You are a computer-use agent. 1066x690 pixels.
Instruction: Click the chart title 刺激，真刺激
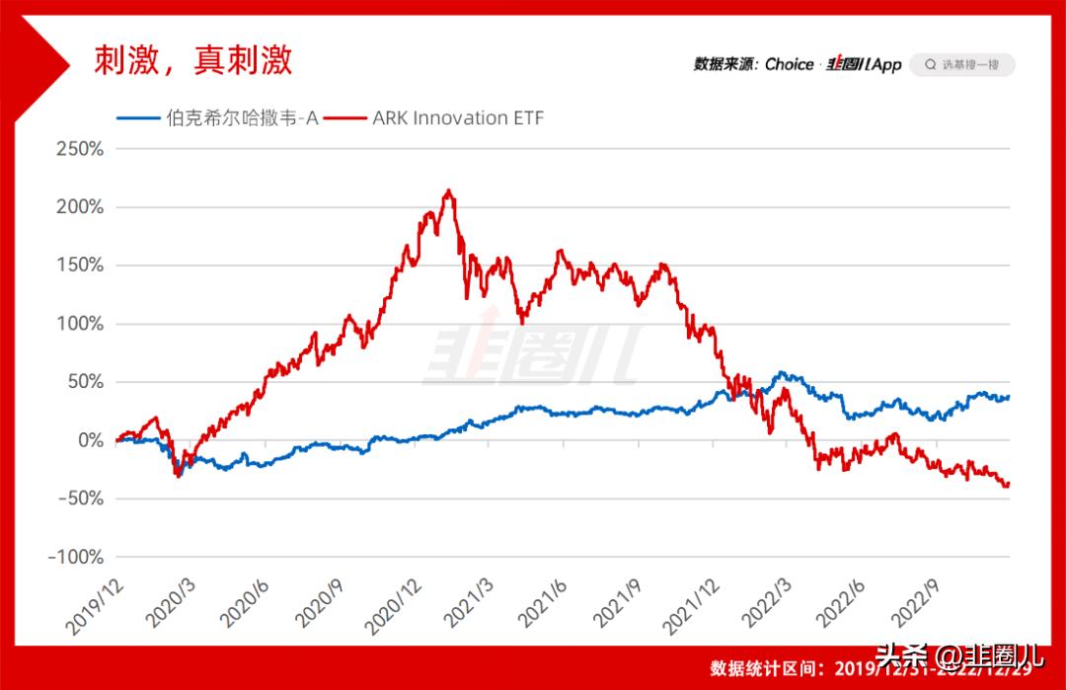click(x=192, y=61)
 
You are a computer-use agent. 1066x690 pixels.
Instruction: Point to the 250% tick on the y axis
click(x=82, y=150)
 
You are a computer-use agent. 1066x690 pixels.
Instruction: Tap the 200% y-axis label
click(x=82, y=207)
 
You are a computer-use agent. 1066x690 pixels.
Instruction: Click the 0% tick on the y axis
click(x=91, y=440)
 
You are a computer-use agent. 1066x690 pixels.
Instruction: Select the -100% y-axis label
click(x=76, y=557)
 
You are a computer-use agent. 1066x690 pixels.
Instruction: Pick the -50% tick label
click(x=80, y=498)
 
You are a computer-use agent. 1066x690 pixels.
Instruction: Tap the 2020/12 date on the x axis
click(x=393, y=605)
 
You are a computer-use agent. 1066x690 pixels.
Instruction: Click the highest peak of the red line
click(x=448, y=191)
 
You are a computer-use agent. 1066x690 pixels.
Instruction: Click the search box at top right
click(x=961, y=65)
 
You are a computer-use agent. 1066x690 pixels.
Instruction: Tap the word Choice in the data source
click(x=789, y=65)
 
